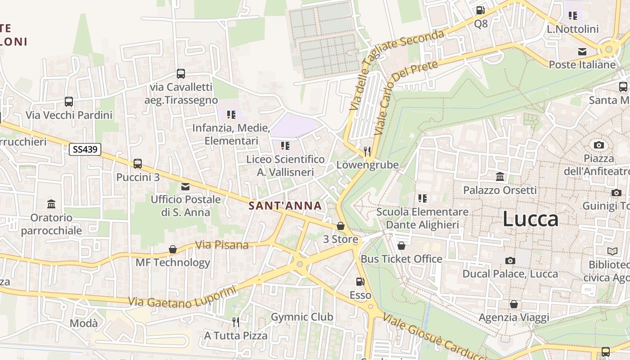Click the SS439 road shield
point(85,149)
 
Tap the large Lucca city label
point(531,219)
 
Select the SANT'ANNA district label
point(285,206)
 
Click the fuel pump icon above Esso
point(360,282)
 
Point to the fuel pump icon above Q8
point(481,10)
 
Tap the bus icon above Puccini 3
point(138,164)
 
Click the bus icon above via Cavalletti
point(181,74)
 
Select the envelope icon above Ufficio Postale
point(185,187)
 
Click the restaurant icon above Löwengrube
point(368,152)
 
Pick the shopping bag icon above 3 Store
point(341,226)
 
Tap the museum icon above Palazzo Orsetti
point(500,176)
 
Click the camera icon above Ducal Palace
point(510,261)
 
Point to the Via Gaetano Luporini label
point(182,297)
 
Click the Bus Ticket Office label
point(401,259)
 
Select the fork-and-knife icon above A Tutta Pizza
point(235,322)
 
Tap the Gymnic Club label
point(302,317)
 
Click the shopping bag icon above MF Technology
point(173,249)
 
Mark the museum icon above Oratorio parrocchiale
point(51,204)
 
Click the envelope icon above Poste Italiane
point(582,51)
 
